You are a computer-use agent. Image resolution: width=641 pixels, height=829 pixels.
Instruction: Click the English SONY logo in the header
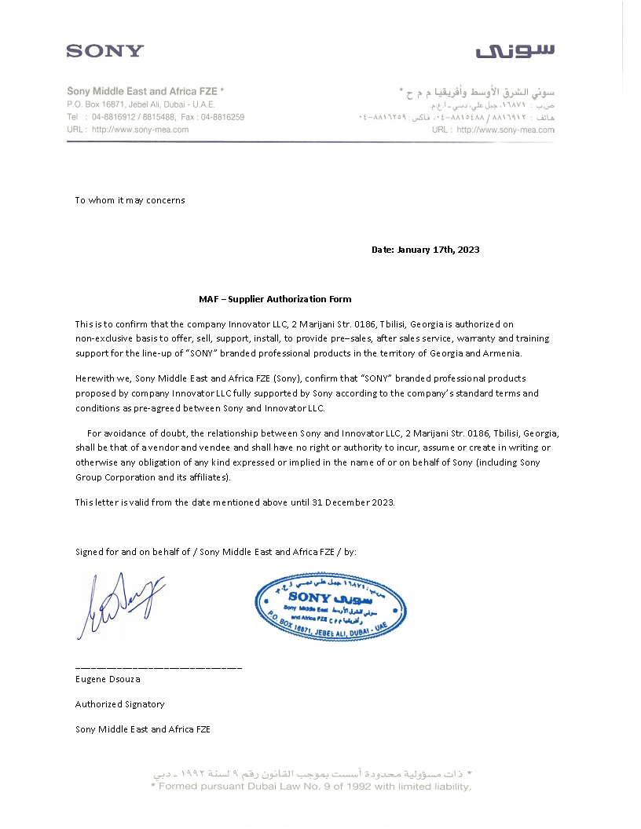tap(104, 51)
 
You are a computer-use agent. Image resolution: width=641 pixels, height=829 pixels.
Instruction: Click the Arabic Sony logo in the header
tap(515, 51)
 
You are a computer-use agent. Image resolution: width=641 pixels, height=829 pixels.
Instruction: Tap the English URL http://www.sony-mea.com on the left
tap(140, 130)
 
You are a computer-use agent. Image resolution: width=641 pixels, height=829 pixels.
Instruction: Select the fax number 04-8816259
tap(222, 117)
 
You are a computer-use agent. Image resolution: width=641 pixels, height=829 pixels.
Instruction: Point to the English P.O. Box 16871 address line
tap(141, 104)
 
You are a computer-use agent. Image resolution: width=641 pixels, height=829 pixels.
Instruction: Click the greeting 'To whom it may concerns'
tap(130, 200)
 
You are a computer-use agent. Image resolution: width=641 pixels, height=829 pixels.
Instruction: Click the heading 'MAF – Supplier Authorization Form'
tap(275, 299)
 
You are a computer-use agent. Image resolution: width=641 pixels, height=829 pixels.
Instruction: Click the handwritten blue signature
tap(118, 604)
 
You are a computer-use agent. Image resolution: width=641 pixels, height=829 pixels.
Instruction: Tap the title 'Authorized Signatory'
tap(119, 704)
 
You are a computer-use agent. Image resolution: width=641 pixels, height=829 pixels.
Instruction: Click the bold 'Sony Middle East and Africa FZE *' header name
tap(145, 91)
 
